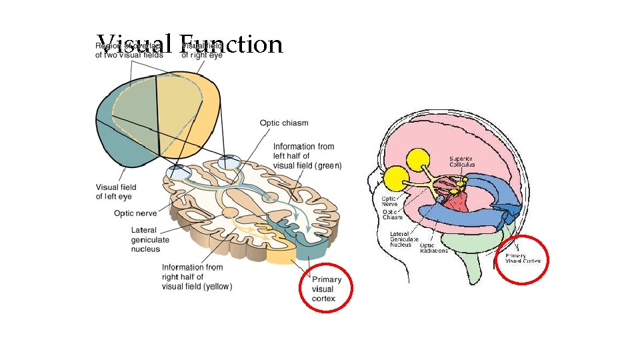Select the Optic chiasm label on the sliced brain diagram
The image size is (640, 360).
(x=284, y=123)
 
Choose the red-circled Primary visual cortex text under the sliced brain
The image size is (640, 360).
(x=327, y=289)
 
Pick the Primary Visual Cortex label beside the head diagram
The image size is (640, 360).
(x=523, y=259)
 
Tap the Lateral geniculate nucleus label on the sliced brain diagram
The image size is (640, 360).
(x=150, y=239)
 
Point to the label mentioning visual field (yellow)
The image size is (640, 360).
(x=197, y=277)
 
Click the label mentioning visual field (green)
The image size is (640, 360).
(x=307, y=156)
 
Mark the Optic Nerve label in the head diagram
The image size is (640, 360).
(x=390, y=201)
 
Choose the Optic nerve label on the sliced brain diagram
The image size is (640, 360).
(x=137, y=214)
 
